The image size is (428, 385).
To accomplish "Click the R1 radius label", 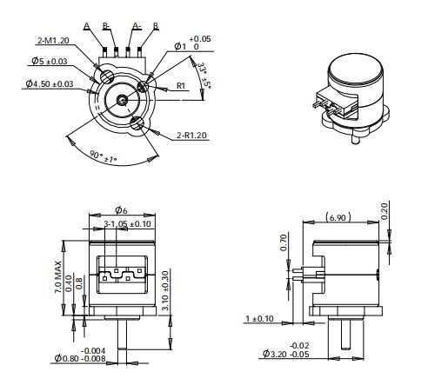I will (182, 85).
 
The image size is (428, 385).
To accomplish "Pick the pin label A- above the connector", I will (137, 26).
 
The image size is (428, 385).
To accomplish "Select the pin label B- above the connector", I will (106, 26).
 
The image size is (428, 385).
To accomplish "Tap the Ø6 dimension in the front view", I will (122, 210).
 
